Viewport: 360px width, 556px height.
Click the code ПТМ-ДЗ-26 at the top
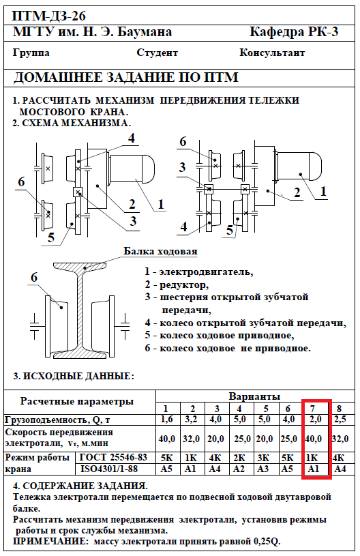[x=49, y=16]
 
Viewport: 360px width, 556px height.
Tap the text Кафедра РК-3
[x=294, y=32]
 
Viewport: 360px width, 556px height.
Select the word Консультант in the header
[x=272, y=53]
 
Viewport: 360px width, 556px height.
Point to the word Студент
[x=157, y=53]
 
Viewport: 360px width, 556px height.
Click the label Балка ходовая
[x=160, y=252]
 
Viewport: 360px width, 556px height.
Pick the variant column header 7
[x=312, y=408]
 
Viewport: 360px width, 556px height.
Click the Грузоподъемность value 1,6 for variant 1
[x=166, y=420]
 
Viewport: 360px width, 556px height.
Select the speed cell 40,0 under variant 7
[x=313, y=439]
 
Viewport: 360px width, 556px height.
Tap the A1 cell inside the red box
[x=314, y=469]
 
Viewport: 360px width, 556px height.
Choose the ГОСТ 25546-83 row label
[x=113, y=458]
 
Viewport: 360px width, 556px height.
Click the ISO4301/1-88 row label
[x=109, y=469]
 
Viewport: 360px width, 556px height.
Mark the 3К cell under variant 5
[x=263, y=458]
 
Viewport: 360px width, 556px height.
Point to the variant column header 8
[x=339, y=408]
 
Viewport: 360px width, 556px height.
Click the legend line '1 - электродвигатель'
[x=199, y=272]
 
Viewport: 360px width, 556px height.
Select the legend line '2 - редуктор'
[x=177, y=284]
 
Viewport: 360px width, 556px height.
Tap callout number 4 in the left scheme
[x=132, y=138]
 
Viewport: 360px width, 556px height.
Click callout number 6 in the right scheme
[x=183, y=141]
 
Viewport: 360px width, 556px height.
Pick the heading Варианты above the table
[x=254, y=396]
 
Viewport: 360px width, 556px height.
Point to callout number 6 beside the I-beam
[x=33, y=277]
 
